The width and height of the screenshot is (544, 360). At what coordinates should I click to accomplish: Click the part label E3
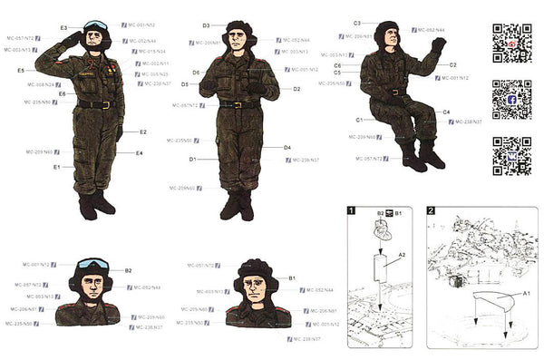(x=64, y=28)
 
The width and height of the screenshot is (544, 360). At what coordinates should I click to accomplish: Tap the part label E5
(x=21, y=70)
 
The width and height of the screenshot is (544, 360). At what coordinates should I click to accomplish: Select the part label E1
(x=56, y=167)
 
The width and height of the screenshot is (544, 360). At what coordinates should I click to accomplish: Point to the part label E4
(x=139, y=153)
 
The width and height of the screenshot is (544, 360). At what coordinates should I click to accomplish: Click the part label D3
(x=206, y=25)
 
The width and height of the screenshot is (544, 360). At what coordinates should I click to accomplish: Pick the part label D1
(x=192, y=159)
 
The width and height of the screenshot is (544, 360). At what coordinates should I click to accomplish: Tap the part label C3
(x=356, y=22)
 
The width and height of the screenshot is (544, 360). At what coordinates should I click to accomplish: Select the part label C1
(x=359, y=120)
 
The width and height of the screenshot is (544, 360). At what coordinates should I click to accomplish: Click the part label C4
(x=446, y=112)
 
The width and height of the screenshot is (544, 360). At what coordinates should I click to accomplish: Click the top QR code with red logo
(x=511, y=42)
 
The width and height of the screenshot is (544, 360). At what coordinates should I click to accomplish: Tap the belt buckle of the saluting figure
(x=106, y=104)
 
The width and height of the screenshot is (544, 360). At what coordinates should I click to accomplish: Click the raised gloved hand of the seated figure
(x=439, y=44)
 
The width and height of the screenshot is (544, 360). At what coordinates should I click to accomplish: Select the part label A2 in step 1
(x=402, y=256)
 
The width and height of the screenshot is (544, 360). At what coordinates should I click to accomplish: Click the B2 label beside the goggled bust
(x=128, y=270)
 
